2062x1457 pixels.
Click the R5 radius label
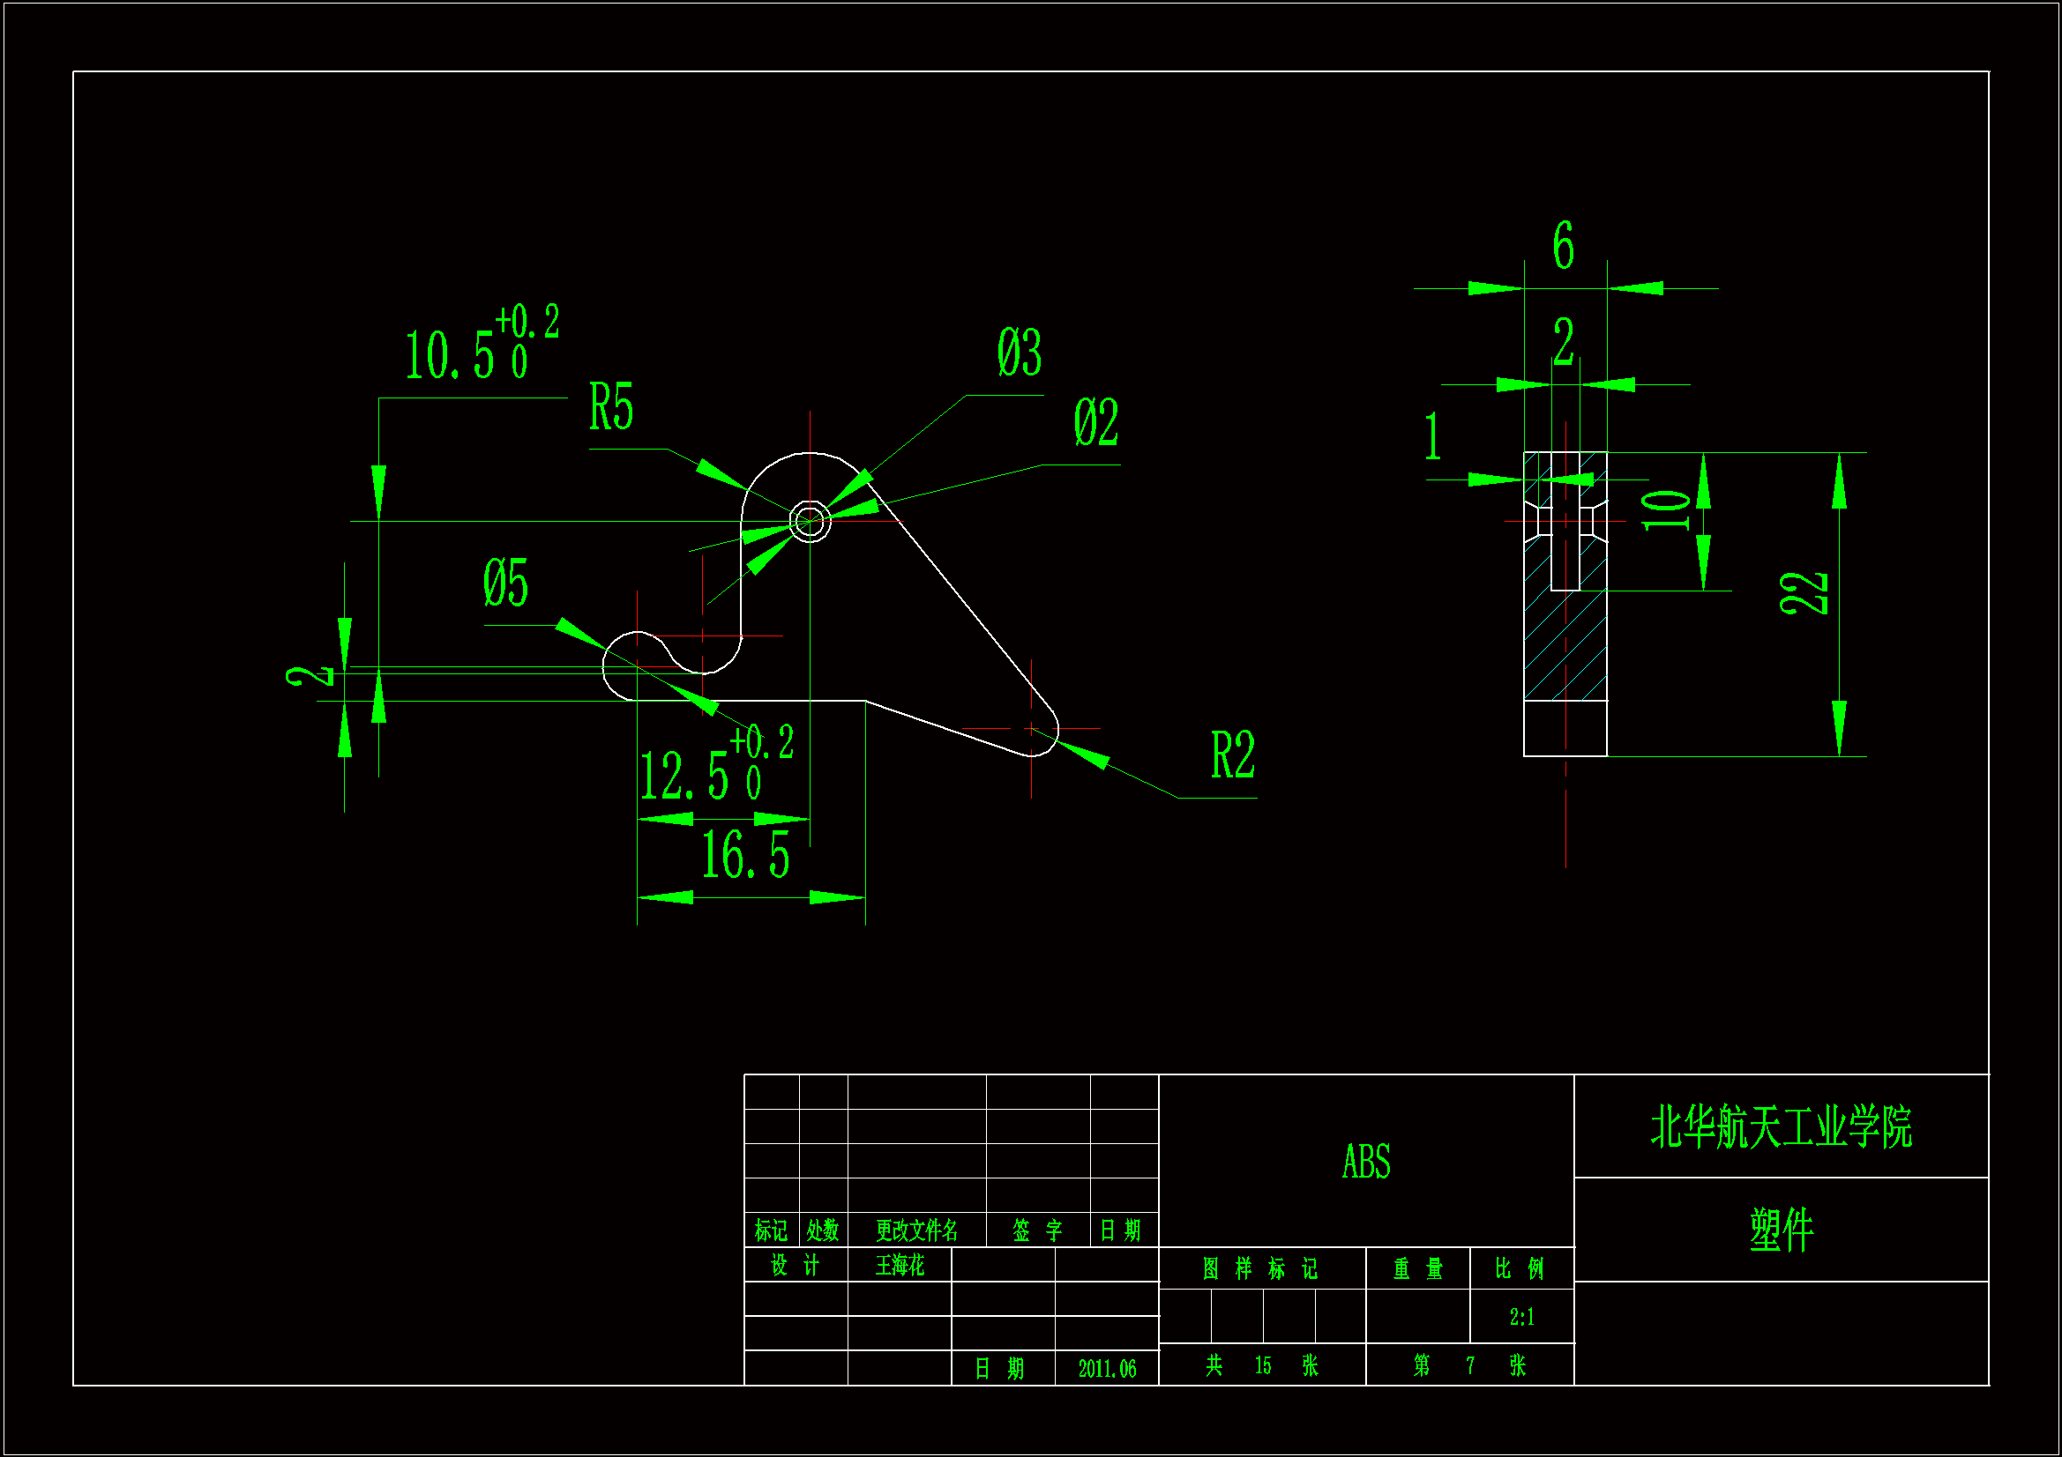(610, 406)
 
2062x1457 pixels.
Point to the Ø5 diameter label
(505, 583)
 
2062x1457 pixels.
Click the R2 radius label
(1232, 755)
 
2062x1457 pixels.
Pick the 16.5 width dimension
(744, 855)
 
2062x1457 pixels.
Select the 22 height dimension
(1804, 592)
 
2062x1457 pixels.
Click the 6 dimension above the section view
(1563, 244)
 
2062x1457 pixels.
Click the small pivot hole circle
(809, 521)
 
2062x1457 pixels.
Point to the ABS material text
(1366, 1162)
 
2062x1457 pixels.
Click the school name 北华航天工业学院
(1781, 1127)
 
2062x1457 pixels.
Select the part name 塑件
(1781, 1229)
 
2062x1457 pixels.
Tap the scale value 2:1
(1521, 1317)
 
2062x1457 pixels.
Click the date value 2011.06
(1107, 1369)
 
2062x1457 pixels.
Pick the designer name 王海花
(899, 1266)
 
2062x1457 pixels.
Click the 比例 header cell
(1520, 1268)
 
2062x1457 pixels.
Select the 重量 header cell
(1417, 1268)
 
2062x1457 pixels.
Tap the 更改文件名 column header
(916, 1230)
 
